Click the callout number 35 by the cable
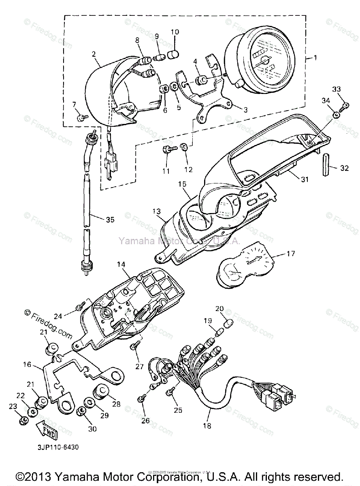[x=110, y=220]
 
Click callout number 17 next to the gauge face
[x=291, y=254]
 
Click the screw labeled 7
[x=82, y=117]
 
